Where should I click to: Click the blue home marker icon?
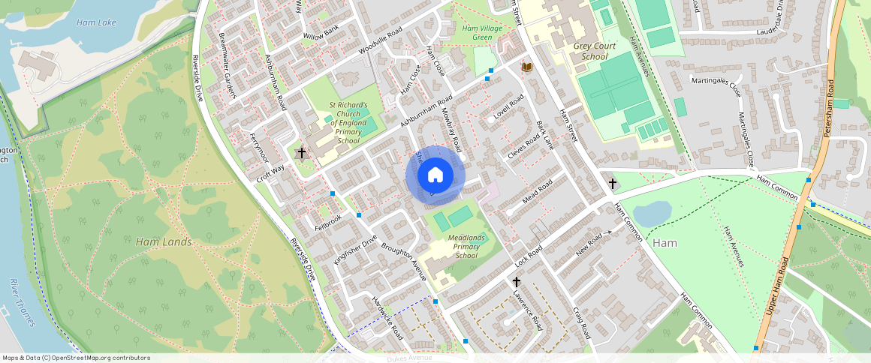tap(435, 175)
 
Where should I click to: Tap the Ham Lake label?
tap(96, 22)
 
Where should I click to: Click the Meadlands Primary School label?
tap(466, 246)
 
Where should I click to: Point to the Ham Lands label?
tap(164, 242)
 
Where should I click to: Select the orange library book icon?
tap(527, 67)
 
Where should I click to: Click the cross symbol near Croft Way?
tap(302, 153)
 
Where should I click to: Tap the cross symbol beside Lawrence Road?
tap(517, 282)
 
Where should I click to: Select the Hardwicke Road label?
tap(387, 319)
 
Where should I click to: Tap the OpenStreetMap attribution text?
tap(77, 358)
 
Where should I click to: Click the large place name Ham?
tap(665, 243)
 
